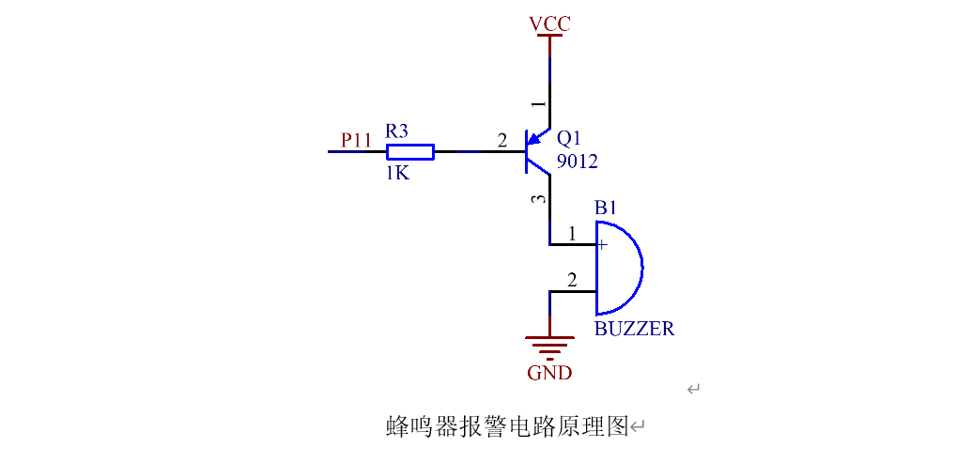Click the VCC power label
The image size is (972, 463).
pyautogui.click(x=549, y=23)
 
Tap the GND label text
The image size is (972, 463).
pyautogui.click(x=549, y=373)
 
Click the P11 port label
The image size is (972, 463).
pyautogui.click(x=356, y=140)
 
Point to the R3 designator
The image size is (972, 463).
pyautogui.click(x=397, y=131)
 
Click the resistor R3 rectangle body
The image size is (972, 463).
pyautogui.click(x=410, y=152)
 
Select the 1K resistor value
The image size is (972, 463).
pyautogui.click(x=397, y=174)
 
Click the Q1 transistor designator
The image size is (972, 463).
pyautogui.click(x=569, y=136)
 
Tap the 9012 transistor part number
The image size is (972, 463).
pyautogui.click(x=577, y=162)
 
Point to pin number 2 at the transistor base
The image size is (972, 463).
pyautogui.click(x=501, y=141)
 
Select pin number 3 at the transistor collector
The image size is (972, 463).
pyautogui.click(x=537, y=199)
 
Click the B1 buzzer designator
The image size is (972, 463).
pyautogui.click(x=606, y=208)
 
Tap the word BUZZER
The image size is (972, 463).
pyautogui.click(x=634, y=329)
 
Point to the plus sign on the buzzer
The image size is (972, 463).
pyautogui.click(x=602, y=245)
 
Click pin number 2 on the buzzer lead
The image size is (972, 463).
pyautogui.click(x=571, y=280)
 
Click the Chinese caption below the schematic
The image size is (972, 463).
pyautogui.click(x=507, y=426)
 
